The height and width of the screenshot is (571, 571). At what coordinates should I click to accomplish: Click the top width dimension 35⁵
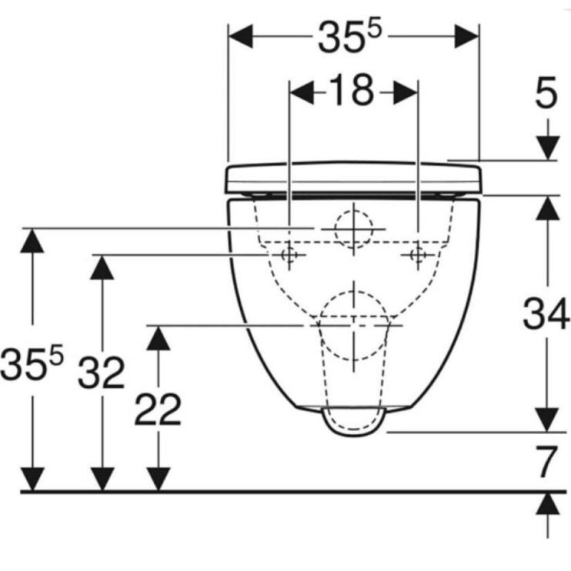pos(350,36)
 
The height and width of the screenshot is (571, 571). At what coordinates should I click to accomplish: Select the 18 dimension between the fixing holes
pos(353,91)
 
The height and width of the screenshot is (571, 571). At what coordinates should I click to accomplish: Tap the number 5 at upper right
pos(546,93)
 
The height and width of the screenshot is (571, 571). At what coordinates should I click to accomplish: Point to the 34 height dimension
pos(545,313)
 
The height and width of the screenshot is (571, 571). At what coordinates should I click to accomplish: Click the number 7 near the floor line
pos(547,462)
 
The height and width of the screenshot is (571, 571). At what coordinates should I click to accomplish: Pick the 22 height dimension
pos(158,409)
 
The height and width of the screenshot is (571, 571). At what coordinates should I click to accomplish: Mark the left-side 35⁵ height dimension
pos(32,362)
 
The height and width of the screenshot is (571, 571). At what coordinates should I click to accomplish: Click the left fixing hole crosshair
pos(289,255)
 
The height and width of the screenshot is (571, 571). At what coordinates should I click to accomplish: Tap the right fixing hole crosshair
pos(418,255)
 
